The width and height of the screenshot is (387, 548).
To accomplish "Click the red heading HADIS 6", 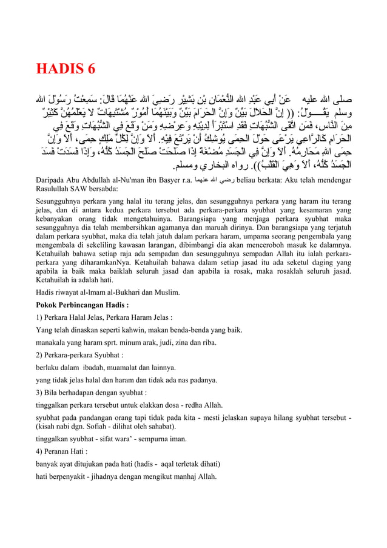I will pyautogui.click(x=66, y=69).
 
